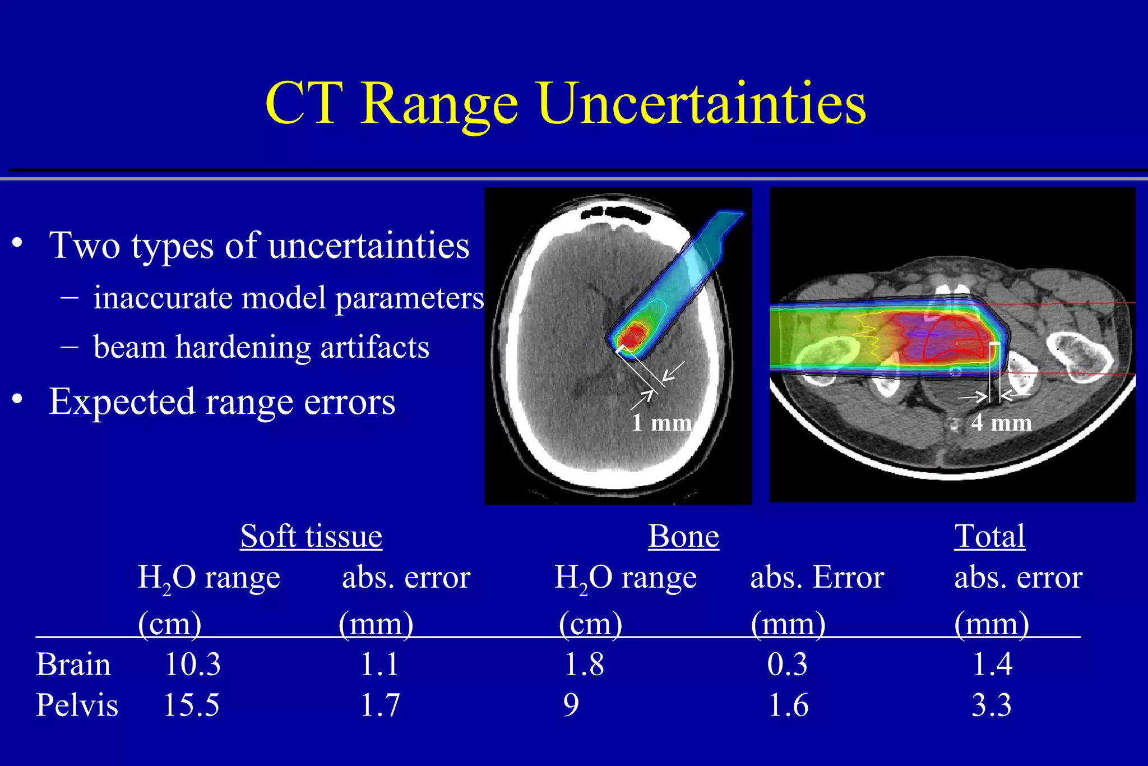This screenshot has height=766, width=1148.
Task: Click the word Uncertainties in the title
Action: [702, 104]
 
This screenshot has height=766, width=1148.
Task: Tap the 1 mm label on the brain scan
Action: [661, 423]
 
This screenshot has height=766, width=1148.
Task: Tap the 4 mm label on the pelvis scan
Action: [1001, 423]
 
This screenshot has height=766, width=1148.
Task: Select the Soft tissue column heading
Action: [311, 536]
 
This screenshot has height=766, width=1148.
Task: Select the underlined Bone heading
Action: [683, 536]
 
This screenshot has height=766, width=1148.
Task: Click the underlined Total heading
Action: [990, 536]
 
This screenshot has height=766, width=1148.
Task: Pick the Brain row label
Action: [73, 665]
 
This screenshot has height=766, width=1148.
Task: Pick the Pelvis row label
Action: [77, 705]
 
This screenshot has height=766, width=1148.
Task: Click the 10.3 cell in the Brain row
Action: [193, 665]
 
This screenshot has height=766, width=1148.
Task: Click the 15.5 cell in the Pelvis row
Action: [191, 705]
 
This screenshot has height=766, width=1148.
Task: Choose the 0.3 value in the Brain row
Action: [787, 665]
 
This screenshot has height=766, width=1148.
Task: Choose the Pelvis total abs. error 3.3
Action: [991, 705]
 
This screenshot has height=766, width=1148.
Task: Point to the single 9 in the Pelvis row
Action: [571, 705]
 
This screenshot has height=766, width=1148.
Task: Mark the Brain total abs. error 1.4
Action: [992, 665]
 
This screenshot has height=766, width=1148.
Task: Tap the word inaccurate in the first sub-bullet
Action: [163, 298]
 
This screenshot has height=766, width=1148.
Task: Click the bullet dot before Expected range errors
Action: [17, 399]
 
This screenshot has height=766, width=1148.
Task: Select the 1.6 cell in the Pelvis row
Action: [788, 705]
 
